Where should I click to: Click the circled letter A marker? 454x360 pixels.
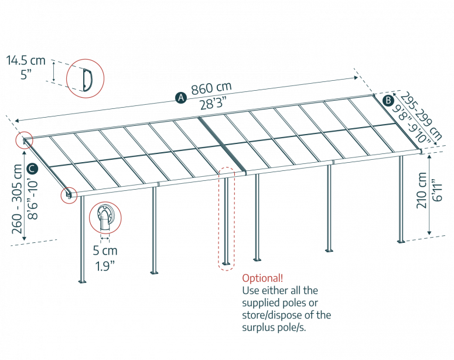[x=181, y=98]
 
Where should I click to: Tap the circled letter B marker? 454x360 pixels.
[x=387, y=100]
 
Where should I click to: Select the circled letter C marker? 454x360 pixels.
[x=33, y=169]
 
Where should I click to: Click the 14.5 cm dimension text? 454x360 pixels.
[x=26, y=60]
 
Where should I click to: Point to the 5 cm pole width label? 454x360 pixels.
[x=105, y=251]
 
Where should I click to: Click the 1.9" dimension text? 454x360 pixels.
[x=105, y=264]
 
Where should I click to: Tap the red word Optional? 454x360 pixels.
[x=262, y=278]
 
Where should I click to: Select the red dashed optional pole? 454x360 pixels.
[x=226, y=220]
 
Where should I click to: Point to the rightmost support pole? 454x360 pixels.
[x=401, y=199]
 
